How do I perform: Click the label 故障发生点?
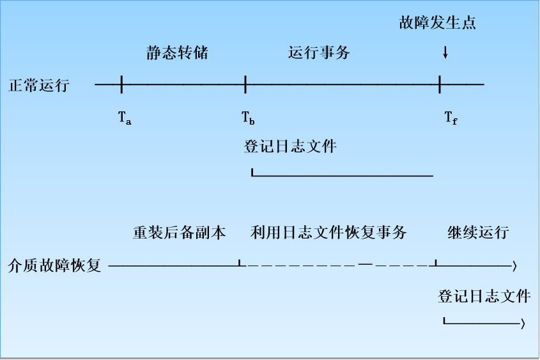pyautogui.click(x=438, y=24)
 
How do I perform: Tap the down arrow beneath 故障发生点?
pyautogui.click(x=445, y=53)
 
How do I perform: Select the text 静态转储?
pyautogui.click(x=177, y=53)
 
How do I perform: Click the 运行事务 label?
pyautogui.click(x=319, y=53)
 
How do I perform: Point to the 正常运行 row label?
pyautogui.click(x=39, y=85)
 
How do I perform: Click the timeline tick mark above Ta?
pyautogui.click(x=121, y=84)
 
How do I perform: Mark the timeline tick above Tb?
pyautogui.click(x=245, y=84)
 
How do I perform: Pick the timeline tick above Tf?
pyautogui.click(x=440, y=84)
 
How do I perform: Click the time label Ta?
pyautogui.click(x=125, y=118)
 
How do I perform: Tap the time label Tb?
pyautogui.click(x=248, y=118)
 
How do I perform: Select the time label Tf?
pyautogui.click(x=451, y=118)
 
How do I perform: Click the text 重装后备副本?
pyautogui.click(x=180, y=232)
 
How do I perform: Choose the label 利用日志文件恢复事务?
pyautogui.click(x=328, y=232)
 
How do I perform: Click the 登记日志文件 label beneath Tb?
pyautogui.click(x=290, y=146)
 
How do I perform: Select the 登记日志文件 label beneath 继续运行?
pyautogui.click(x=484, y=296)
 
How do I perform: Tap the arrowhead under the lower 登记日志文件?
pyautogui.click(x=523, y=325)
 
